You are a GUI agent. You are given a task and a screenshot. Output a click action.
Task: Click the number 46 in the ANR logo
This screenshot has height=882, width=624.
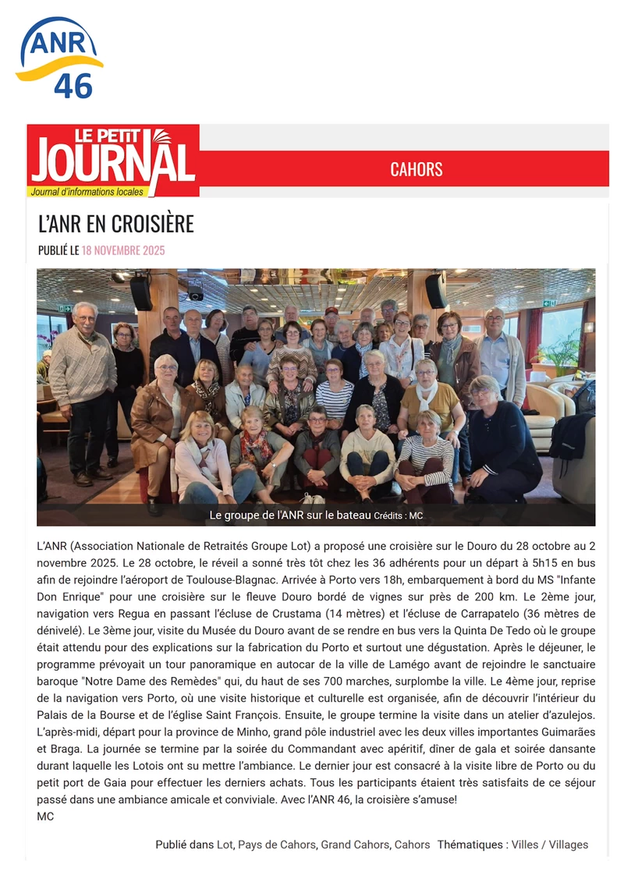coord(73,86)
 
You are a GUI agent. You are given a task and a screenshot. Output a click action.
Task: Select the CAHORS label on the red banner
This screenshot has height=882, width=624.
coord(417,169)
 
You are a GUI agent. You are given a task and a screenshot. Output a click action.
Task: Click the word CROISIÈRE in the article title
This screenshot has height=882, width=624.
coord(152,224)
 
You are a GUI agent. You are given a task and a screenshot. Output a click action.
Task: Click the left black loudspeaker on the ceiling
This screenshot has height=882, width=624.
coord(141,292)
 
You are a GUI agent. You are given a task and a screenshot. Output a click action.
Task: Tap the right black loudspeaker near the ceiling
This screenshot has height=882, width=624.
coord(436,291)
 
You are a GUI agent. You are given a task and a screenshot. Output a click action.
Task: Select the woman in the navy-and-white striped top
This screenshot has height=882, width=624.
coord(335,393)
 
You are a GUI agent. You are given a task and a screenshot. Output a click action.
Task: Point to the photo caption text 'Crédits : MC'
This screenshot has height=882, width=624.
coord(398,516)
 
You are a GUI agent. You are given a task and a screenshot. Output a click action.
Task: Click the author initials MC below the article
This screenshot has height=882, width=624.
coord(45,816)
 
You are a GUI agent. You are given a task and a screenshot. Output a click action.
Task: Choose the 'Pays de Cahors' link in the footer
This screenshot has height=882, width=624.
coord(277,845)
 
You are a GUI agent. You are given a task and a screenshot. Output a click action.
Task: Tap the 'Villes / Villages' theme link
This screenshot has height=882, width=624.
coord(550,845)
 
